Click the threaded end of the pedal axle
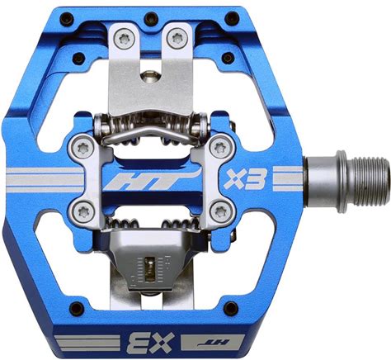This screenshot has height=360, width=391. (371, 182)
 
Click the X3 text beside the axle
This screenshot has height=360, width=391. (245, 179)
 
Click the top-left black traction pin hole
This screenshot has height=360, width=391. (67, 19)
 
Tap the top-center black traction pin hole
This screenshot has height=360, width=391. (151, 18)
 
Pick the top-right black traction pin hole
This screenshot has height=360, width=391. (232, 18)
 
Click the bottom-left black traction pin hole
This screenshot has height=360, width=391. (77, 309)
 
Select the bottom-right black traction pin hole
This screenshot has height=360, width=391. (230, 308)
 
